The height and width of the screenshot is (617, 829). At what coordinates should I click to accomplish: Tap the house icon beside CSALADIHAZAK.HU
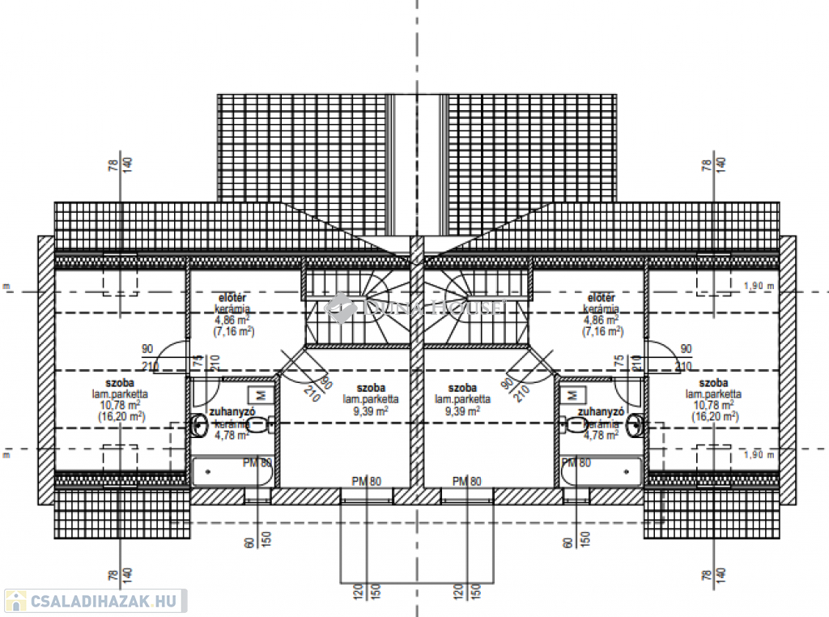pyautogui.click(x=15, y=601)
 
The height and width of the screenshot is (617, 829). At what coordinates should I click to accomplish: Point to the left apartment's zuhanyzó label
pyautogui.click(x=233, y=411)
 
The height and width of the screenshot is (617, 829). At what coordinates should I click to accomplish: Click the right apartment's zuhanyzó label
pyautogui.click(x=600, y=411)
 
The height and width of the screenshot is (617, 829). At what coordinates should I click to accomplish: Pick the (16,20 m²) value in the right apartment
pyautogui.click(x=715, y=415)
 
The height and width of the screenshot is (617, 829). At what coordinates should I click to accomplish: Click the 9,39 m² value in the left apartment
pyautogui.click(x=371, y=411)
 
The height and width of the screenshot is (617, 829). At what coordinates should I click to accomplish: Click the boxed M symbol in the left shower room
pyautogui.click(x=261, y=394)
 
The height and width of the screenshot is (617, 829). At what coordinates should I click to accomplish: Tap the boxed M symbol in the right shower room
pyautogui.click(x=573, y=394)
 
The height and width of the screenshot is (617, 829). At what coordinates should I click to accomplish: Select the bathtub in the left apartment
pyautogui.click(x=232, y=472)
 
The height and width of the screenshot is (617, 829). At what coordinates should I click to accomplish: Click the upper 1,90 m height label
pyautogui.click(x=759, y=286)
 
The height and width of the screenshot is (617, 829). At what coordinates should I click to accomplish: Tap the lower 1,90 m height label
pyautogui.click(x=759, y=454)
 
